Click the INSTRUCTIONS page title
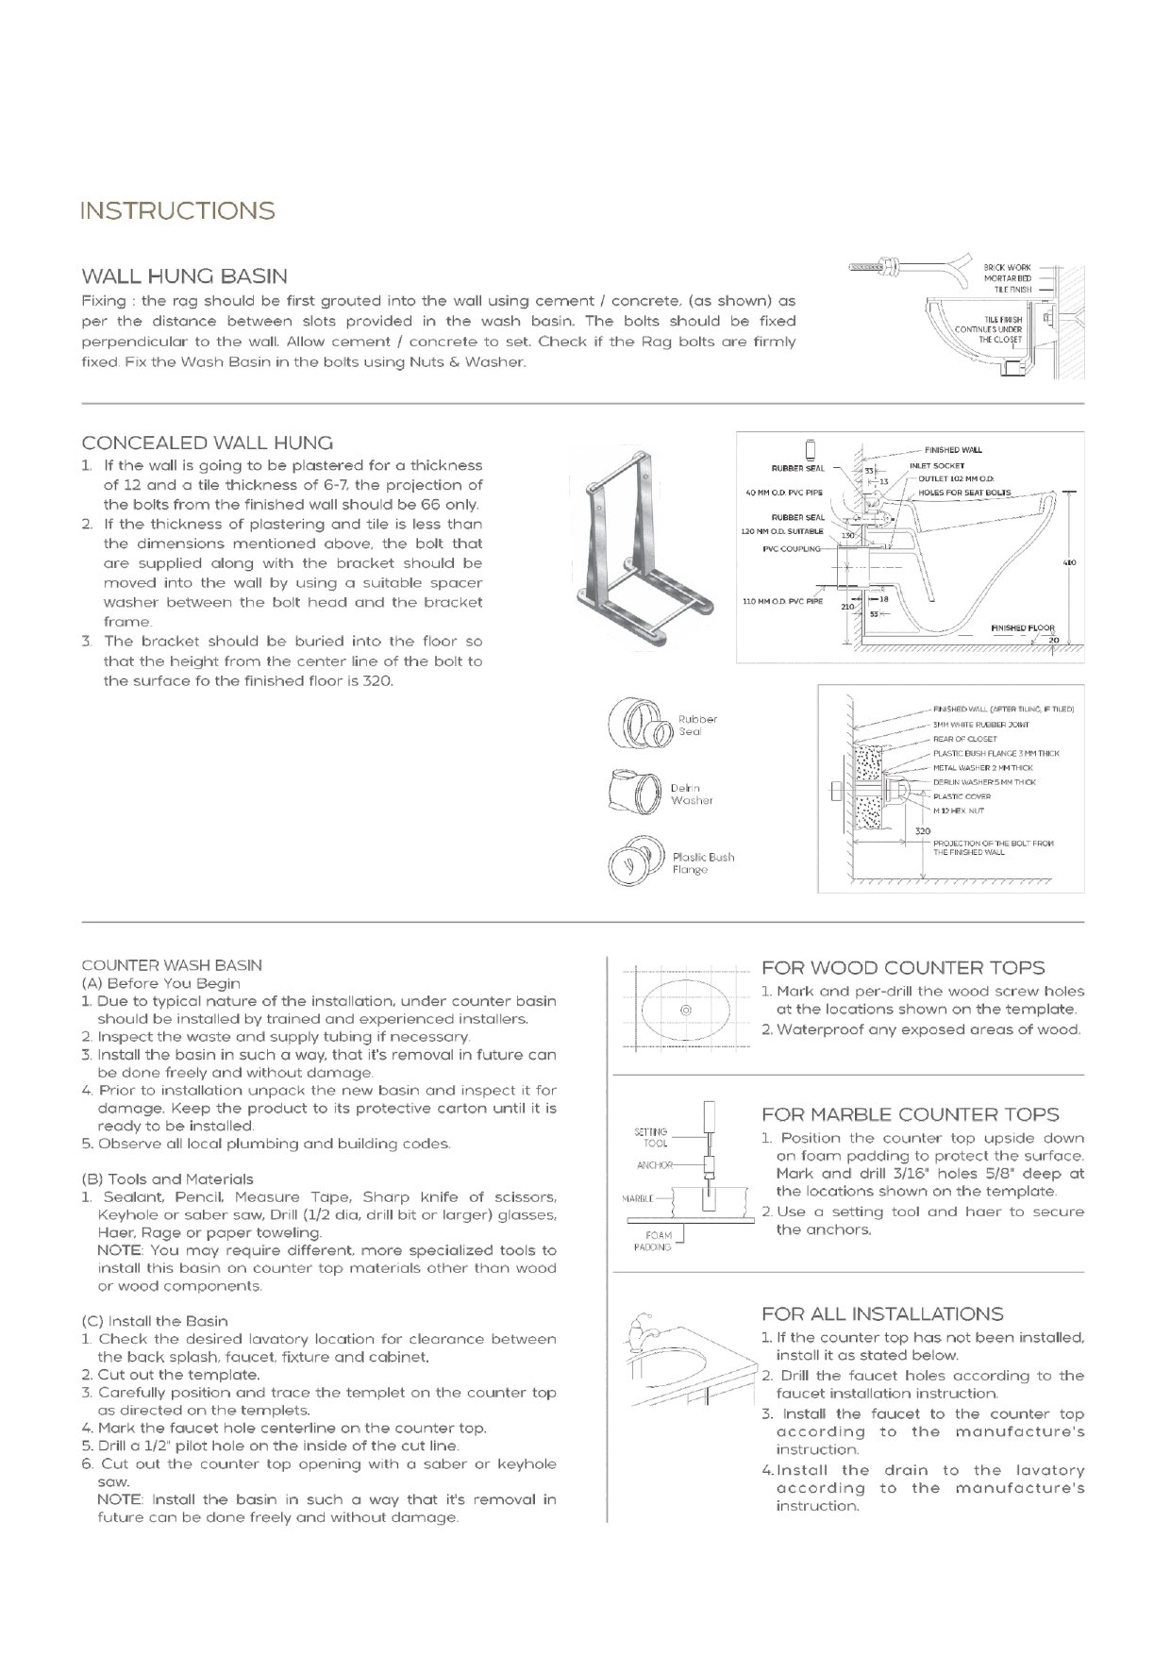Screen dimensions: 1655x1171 pyautogui.click(x=177, y=210)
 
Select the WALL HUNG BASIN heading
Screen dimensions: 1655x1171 pyautogui.click(x=185, y=276)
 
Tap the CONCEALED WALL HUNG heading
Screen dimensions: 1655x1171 pyautogui.click(x=208, y=443)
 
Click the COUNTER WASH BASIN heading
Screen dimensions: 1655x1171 pyautogui.click(x=172, y=965)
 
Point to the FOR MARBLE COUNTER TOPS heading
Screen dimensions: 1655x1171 pyautogui.click(x=910, y=1114)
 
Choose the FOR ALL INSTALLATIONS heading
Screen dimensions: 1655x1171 pyautogui.click(x=882, y=1313)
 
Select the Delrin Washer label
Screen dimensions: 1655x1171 pyautogui.click(x=692, y=794)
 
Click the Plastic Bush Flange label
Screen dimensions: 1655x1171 pyautogui.click(x=702, y=862)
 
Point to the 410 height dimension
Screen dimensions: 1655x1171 pyautogui.click(x=1070, y=563)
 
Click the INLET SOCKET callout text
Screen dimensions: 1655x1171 pyautogui.click(x=936, y=465)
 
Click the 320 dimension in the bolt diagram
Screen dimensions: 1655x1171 pyautogui.click(x=923, y=831)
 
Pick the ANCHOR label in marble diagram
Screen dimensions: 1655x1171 pyautogui.click(x=654, y=1165)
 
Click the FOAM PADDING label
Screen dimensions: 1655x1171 pyautogui.click(x=658, y=1241)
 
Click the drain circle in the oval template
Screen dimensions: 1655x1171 pyautogui.click(x=686, y=1010)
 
